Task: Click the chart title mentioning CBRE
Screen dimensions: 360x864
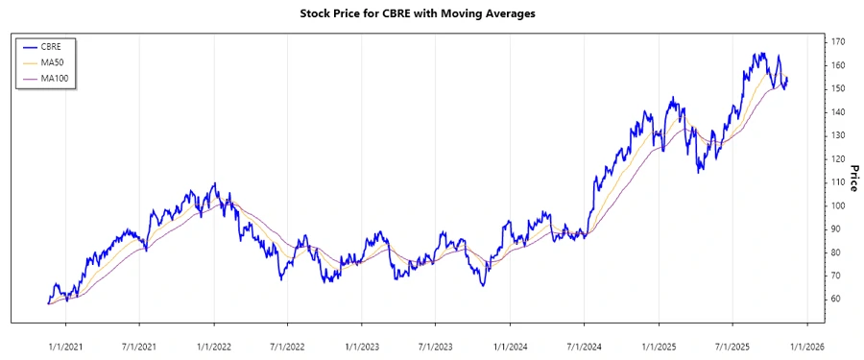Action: click(431, 14)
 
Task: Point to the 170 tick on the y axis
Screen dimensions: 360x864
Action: click(838, 42)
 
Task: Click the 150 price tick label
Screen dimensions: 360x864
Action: click(838, 88)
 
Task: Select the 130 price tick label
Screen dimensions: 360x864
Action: click(838, 135)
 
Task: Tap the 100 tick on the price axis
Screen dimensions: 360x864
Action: click(838, 205)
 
